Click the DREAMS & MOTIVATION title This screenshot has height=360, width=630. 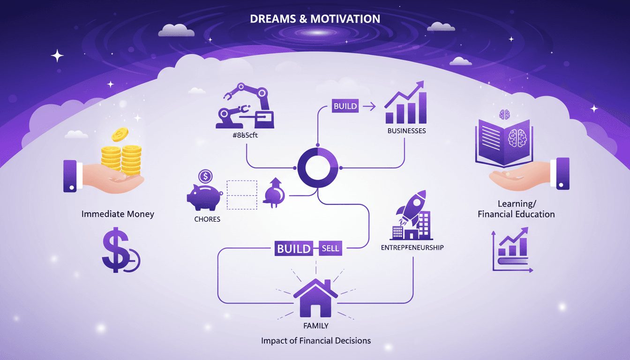click(315, 19)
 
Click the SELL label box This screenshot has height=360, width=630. click(330, 248)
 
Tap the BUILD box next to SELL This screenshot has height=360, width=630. click(294, 248)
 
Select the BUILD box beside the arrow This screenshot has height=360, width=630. click(345, 106)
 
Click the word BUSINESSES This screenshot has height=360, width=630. click(406, 131)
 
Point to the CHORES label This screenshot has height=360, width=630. click(207, 219)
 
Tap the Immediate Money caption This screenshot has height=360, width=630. click(118, 214)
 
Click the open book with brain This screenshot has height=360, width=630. click(504, 139)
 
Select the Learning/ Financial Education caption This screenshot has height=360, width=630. click(516, 209)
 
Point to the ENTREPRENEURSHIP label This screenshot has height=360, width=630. click(412, 247)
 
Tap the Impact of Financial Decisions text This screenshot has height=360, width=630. click(315, 340)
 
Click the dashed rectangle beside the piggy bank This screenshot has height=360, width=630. click(242, 195)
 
